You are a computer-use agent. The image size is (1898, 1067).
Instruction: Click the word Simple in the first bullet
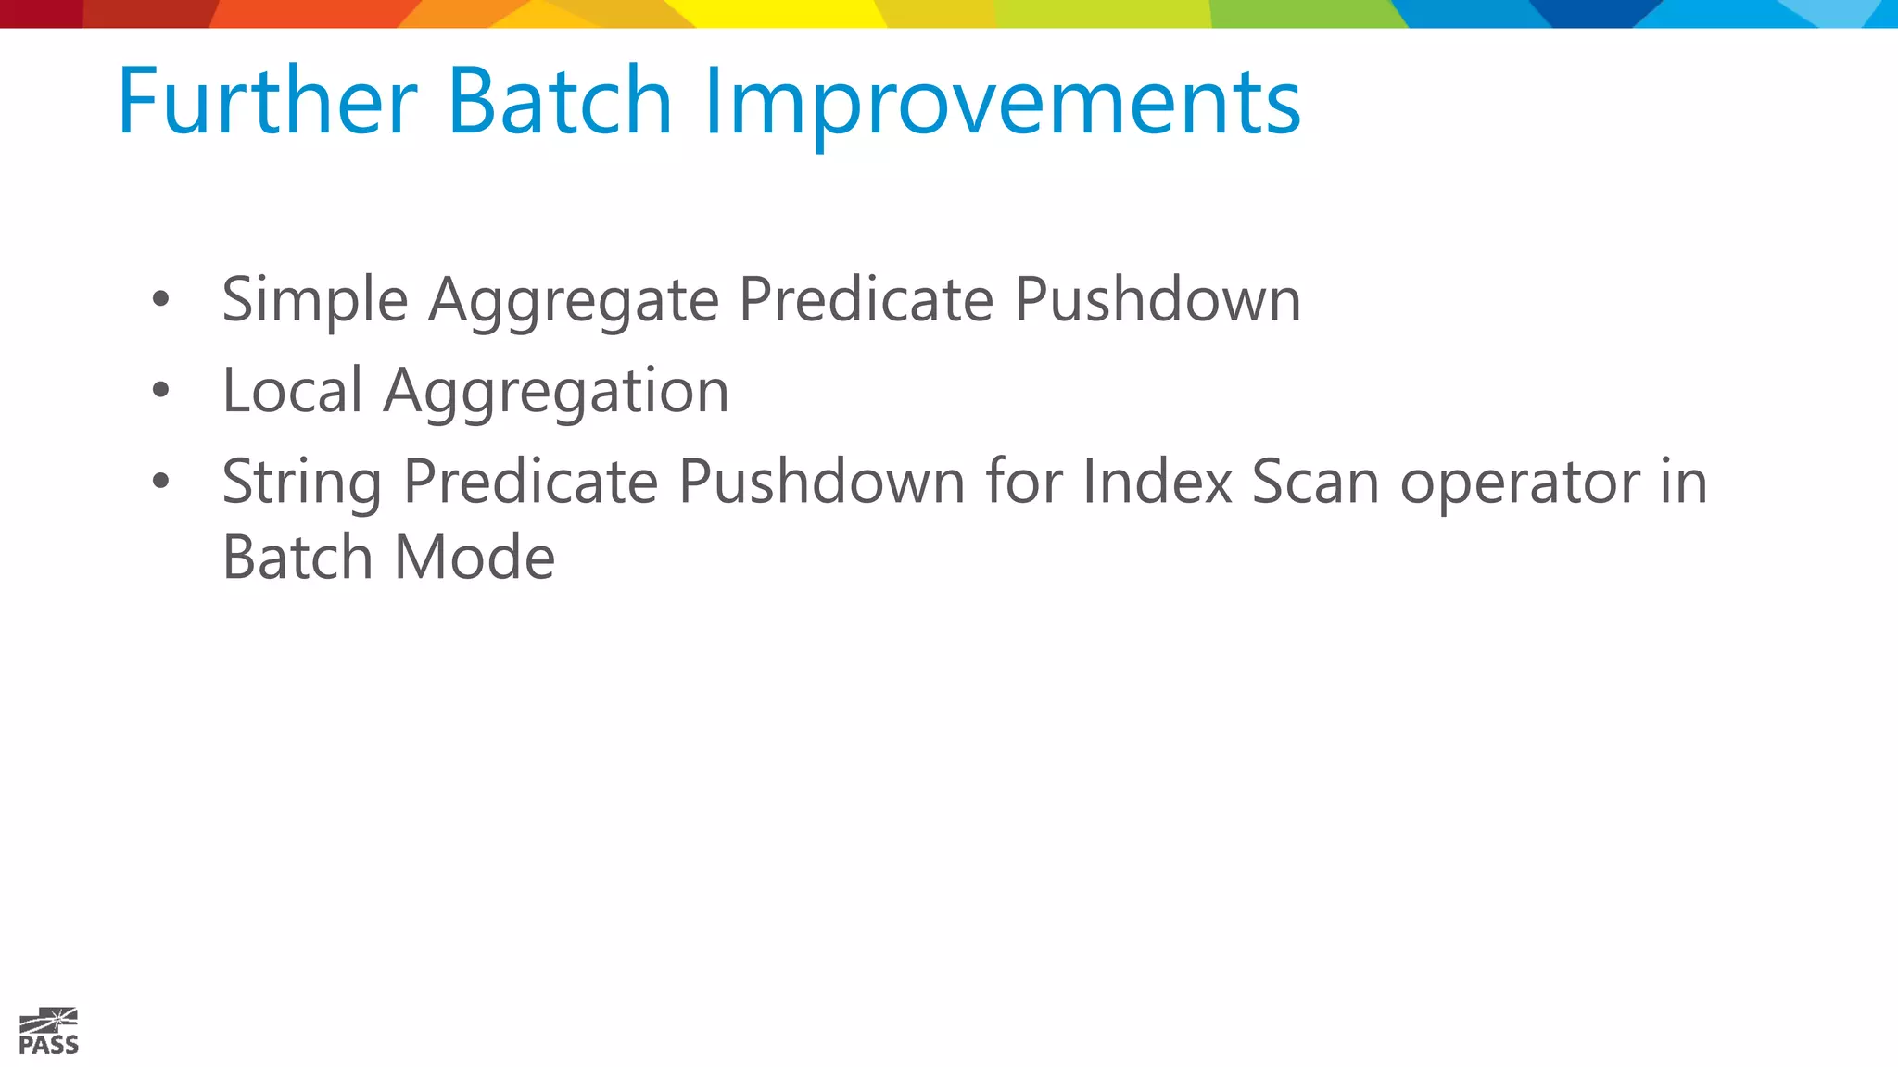(x=315, y=302)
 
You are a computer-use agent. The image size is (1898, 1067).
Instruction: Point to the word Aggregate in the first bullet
(x=573, y=302)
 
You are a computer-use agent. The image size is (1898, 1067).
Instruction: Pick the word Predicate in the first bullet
(x=866, y=300)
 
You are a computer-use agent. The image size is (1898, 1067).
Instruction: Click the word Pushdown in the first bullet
(x=1158, y=300)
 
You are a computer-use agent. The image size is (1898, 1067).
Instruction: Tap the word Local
(x=292, y=391)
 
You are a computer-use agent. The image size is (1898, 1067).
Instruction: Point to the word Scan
(x=1315, y=482)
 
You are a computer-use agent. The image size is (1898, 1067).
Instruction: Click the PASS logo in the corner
(x=49, y=1031)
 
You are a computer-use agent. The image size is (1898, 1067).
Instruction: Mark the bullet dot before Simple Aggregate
(x=161, y=299)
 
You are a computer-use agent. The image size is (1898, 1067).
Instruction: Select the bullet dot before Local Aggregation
(x=161, y=390)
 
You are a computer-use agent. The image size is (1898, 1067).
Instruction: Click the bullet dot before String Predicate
(x=161, y=481)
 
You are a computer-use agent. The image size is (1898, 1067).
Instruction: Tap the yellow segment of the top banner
(x=788, y=13)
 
